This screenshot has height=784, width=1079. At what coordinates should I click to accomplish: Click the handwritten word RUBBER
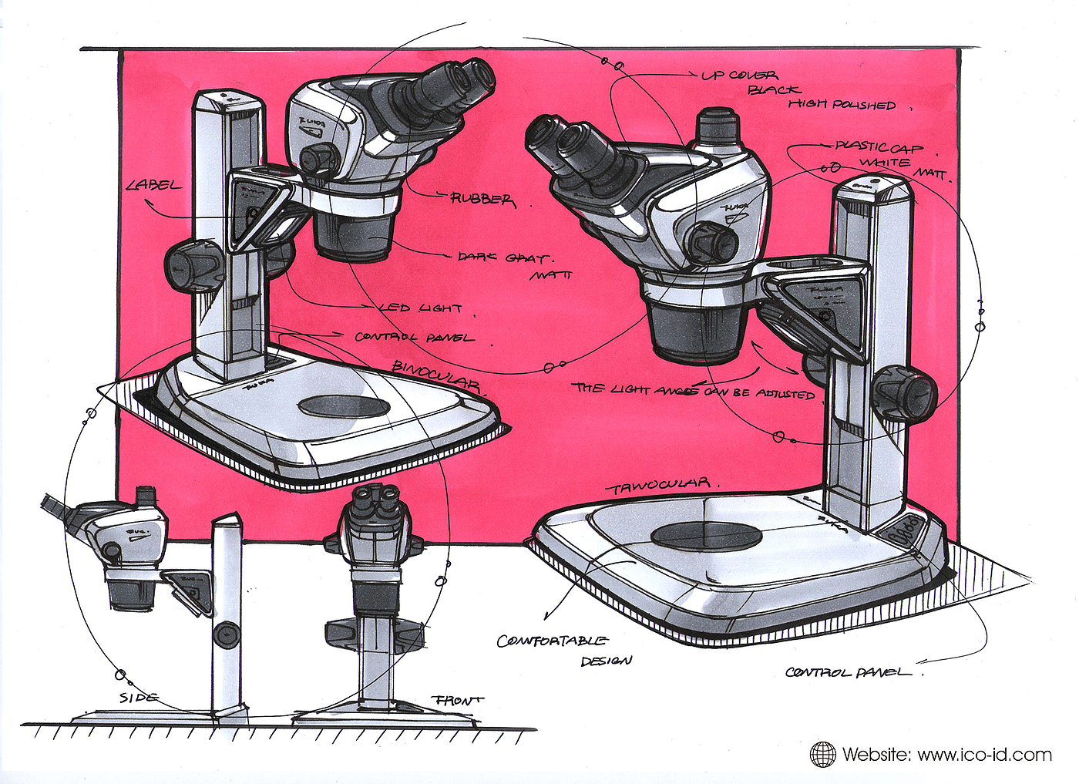click(x=482, y=199)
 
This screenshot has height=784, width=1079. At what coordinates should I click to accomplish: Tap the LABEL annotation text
click(x=155, y=185)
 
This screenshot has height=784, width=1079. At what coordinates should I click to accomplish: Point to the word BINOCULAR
click(x=437, y=376)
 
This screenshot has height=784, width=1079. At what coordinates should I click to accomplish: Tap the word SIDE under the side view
click(x=139, y=698)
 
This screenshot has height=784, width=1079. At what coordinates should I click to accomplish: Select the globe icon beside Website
click(x=823, y=754)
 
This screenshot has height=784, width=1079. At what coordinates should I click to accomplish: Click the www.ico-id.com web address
click(x=984, y=754)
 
